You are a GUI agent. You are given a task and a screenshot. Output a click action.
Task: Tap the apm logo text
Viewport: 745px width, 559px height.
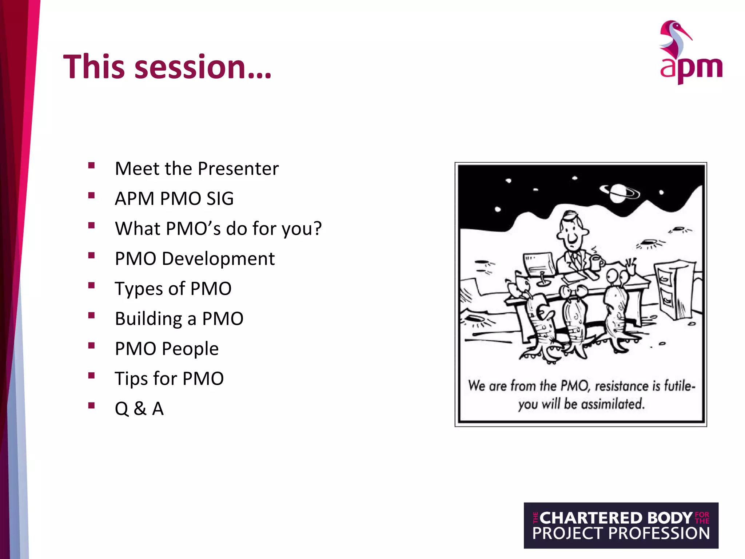[x=691, y=68]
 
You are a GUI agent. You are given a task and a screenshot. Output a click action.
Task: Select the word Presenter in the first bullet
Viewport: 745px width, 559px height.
[x=238, y=169]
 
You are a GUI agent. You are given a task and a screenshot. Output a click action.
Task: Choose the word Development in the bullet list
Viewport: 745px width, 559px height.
[x=218, y=259]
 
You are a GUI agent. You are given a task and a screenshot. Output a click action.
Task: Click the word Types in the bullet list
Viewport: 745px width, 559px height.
[x=139, y=289]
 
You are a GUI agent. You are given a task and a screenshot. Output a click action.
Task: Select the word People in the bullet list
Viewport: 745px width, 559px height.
[x=190, y=349]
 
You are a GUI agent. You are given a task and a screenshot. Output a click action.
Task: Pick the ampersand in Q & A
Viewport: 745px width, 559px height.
[x=140, y=409]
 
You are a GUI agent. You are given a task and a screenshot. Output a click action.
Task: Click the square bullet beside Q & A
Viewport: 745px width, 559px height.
[x=91, y=405]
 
